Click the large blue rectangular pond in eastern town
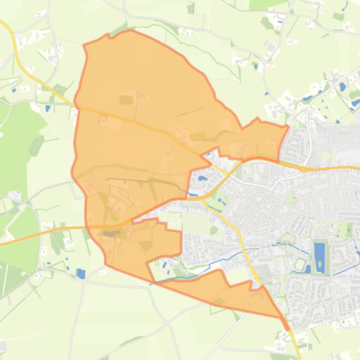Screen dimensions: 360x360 (x=320, y=258)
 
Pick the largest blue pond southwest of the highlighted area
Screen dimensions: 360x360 (x=81, y=274)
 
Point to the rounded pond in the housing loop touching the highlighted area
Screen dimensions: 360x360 (x=202, y=178)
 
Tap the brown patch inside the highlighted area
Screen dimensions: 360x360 (x=110, y=233)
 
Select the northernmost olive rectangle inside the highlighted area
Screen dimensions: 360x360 (x=126, y=100)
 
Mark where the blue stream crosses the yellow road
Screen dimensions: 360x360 (x=244, y=251)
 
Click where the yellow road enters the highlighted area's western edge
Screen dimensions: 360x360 (x=77, y=107)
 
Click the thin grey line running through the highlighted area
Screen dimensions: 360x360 (x=140, y=180)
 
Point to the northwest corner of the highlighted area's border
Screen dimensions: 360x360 (x=84, y=45)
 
